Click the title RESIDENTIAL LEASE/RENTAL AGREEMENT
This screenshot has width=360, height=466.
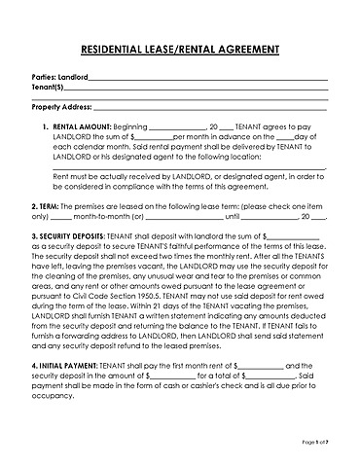(x=179, y=48)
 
